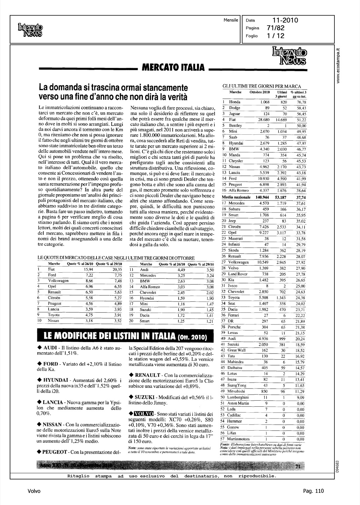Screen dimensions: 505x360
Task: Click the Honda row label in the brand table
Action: point(235,102)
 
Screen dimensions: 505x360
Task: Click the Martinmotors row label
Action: point(239,439)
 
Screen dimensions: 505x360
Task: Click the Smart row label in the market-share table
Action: point(144,321)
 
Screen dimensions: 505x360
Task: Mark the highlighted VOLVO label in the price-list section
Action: point(143,413)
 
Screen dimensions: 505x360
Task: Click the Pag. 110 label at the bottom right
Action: point(313,491)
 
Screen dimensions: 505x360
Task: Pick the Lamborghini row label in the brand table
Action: point(239,397)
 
